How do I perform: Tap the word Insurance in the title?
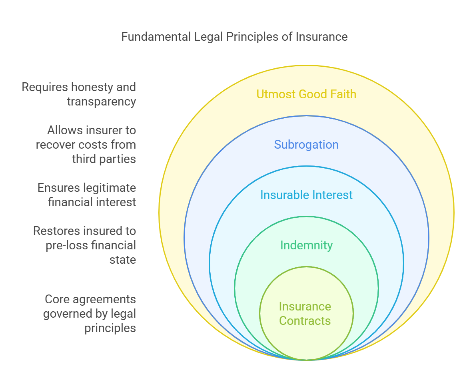[x=321, y=37]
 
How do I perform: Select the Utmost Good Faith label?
[x=306, y=94]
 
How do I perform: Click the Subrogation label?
[x=306, y=145]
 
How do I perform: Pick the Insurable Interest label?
[x=306, y=195]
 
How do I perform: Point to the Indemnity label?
[x=306, y=245]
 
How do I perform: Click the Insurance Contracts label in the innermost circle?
[x=305, y=314]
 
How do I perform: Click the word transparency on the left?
[x=102, y=101]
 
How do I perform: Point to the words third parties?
[x=104, y=159]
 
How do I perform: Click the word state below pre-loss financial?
[x=123, y=260]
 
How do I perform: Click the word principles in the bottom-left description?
[x=110, y=328]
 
